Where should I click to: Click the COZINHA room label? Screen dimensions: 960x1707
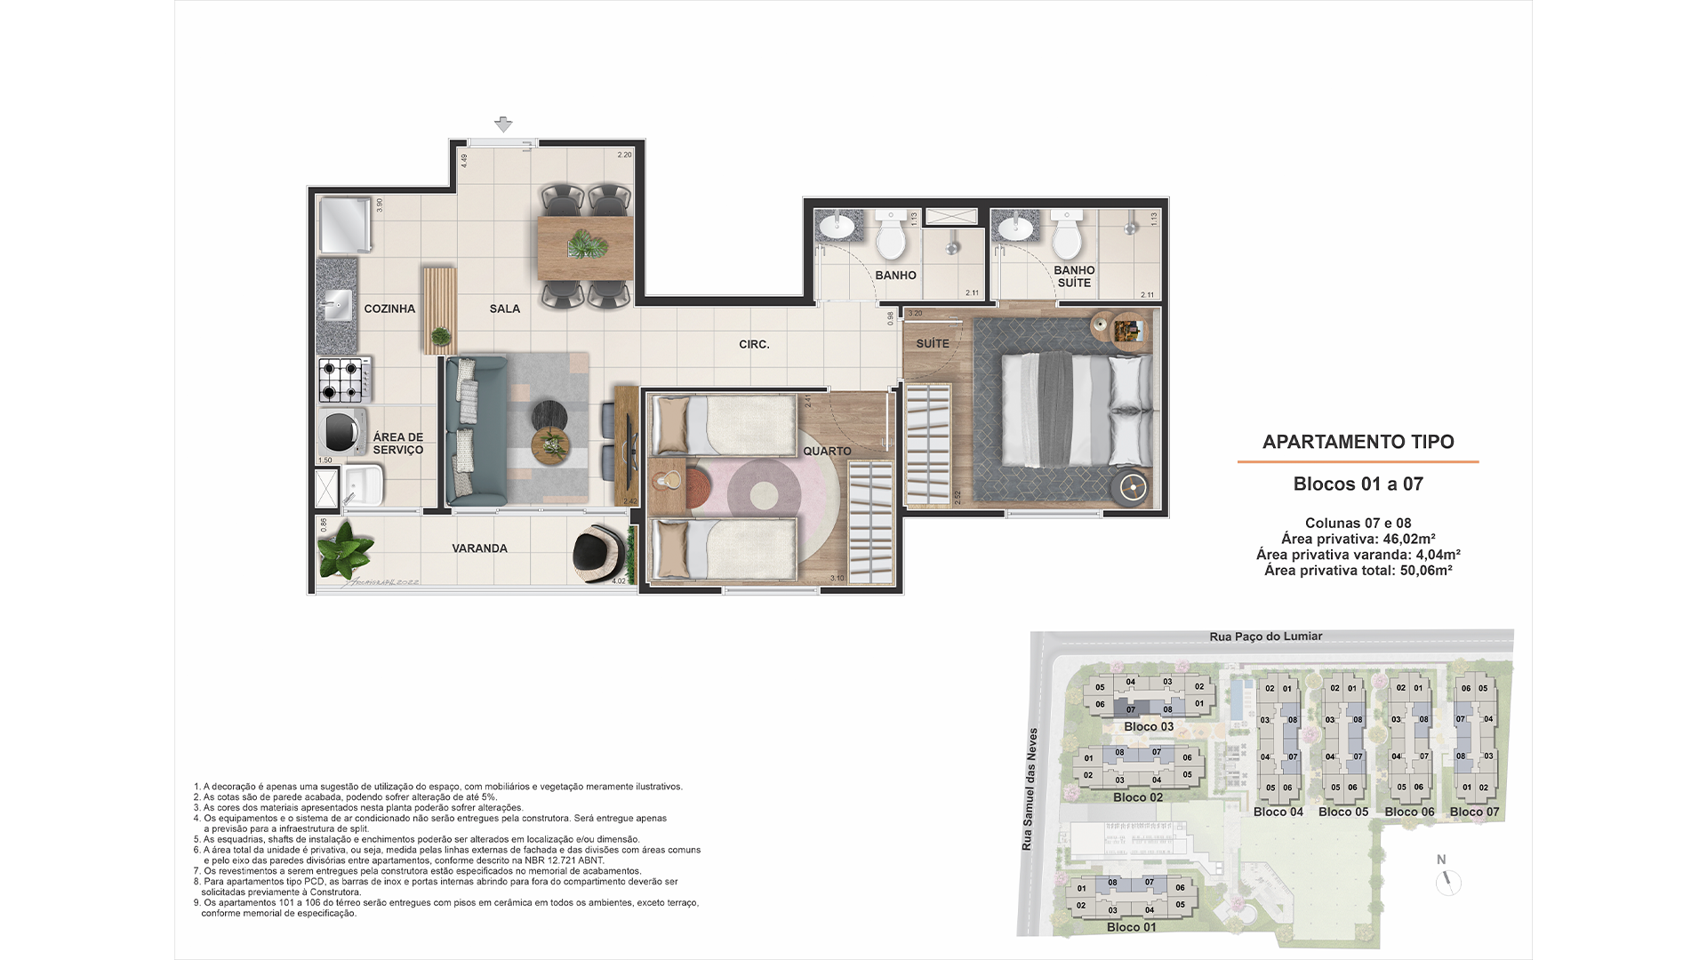389,308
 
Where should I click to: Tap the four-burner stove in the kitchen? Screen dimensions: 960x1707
344,380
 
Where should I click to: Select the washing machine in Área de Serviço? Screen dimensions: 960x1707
342,432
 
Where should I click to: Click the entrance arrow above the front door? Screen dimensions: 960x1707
503,124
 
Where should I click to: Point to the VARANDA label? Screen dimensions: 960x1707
479,548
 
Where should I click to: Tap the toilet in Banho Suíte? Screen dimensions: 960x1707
1066,237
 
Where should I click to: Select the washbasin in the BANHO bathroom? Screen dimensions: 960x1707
836,227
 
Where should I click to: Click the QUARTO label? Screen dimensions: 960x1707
827,451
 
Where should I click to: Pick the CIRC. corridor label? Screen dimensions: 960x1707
754,344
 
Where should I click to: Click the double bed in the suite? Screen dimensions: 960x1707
1076,410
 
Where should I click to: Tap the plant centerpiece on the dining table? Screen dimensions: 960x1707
585,243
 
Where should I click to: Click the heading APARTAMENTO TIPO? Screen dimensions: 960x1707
1358,442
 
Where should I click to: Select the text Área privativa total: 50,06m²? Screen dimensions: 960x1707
1358,571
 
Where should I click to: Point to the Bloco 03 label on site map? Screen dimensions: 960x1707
1148,726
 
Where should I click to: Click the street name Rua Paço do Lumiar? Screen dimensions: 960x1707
1265,636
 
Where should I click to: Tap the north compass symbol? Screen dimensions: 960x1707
1448,881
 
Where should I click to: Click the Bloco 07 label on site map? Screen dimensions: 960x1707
1474,812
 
